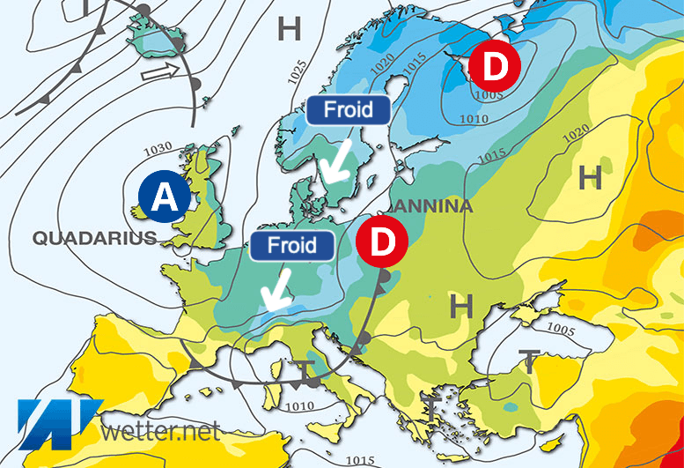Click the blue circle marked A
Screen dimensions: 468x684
(x=164, y=197)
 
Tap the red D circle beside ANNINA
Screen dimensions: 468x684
(x=381, y=241)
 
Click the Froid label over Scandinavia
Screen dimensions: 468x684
(x=348, y=111)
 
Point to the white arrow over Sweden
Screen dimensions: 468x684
(x=335, y=158)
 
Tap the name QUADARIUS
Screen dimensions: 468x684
(x=94, y=237)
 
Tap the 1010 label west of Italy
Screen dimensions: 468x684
(x=299, y=406)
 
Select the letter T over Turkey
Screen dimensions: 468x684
(x=529, y=360)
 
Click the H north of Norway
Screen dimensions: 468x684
(x=289, y=29)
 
